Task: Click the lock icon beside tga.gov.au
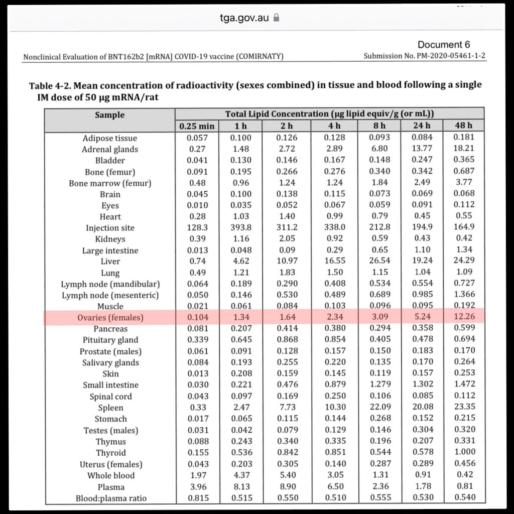click(275, 18)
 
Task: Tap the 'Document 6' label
click(444, 45)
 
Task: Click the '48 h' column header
click(463, 125)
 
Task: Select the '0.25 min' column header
click(197, 126)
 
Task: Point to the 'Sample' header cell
click(109, 115)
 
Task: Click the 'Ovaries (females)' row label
click(110, 317)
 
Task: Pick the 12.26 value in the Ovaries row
click(463, 317)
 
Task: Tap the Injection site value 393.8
click(240, 227)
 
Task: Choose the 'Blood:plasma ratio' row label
click(111, 498)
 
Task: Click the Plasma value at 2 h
click(288, 486)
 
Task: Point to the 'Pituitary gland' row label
click(111, 340)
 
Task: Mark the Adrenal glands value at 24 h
click(422, 149)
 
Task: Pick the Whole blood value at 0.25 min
click(197, 475)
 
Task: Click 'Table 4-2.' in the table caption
click(50, 85)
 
